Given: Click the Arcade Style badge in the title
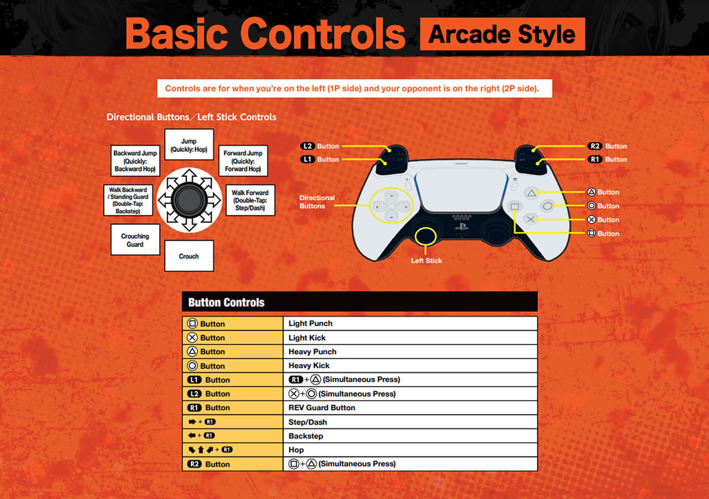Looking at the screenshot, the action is click(502, 34).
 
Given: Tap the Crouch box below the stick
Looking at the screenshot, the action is click(189, 256).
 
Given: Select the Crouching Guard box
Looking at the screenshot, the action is click(135, 240).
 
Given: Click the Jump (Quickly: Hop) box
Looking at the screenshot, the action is click(189, 145).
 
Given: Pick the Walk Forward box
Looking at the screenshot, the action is click(250, 200).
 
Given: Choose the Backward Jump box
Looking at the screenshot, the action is click(135, 161).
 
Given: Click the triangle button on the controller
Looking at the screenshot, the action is click(531, 193).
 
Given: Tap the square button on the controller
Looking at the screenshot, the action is click(515, 207).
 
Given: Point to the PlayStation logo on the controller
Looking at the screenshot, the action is click(461, 227).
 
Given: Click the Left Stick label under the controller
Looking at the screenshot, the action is click(427, 261).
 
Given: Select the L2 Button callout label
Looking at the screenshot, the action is click(320, 146).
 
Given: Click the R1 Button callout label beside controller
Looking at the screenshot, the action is click(608, 159).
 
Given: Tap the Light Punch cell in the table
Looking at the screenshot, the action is click(410, 323).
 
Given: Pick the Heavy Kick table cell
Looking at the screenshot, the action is click(410, 365).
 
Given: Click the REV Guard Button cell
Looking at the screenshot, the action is click(410, 408).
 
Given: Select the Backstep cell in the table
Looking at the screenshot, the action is click(410, 436).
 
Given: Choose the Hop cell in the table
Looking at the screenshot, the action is click(410, 450).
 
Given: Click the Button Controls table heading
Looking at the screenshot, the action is click(227, 302).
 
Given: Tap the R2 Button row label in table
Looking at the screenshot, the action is click(209, 464).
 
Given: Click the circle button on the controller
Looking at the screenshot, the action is click(548, 206).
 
